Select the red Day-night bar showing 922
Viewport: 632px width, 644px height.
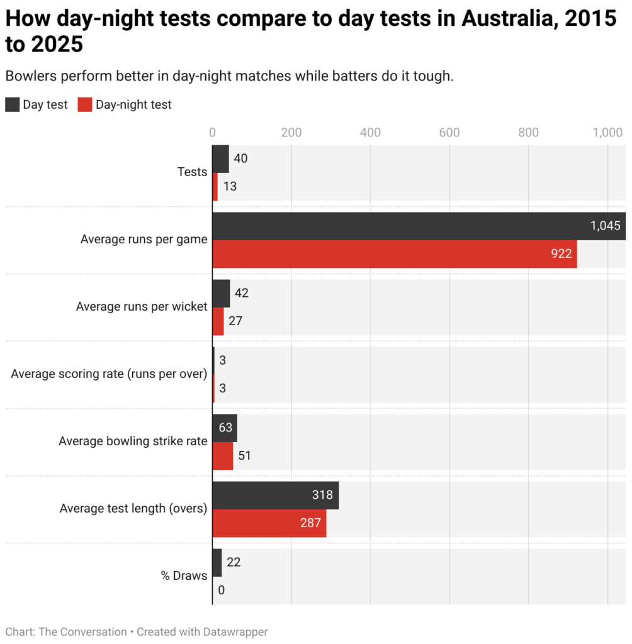tap(394, 254)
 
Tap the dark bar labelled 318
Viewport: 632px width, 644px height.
tap(275, 496)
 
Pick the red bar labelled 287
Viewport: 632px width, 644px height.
tap(269, 523)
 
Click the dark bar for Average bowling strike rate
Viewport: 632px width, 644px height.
tap(225, 428)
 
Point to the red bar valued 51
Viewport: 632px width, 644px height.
tap(222, 456)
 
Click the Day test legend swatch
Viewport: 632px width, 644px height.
tap(12, 104)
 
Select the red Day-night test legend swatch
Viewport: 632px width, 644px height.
tap(85, 104)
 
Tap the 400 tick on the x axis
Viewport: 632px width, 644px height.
tap(370, 132)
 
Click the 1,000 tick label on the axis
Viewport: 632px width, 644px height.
tap(608, 132)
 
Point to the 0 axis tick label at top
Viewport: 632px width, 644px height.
tap(213, 132)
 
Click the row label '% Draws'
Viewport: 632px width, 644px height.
tap(184, 575)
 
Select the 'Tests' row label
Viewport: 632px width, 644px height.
tap(192, 172)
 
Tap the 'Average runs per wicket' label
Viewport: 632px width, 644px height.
tap(142, 306)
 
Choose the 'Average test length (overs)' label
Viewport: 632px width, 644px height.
tap(133, 508)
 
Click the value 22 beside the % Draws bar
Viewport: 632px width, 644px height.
tap(234, 562)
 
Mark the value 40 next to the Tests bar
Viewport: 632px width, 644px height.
tap(240, 158)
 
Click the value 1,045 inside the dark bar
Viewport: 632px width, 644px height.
tap(605, 226)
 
